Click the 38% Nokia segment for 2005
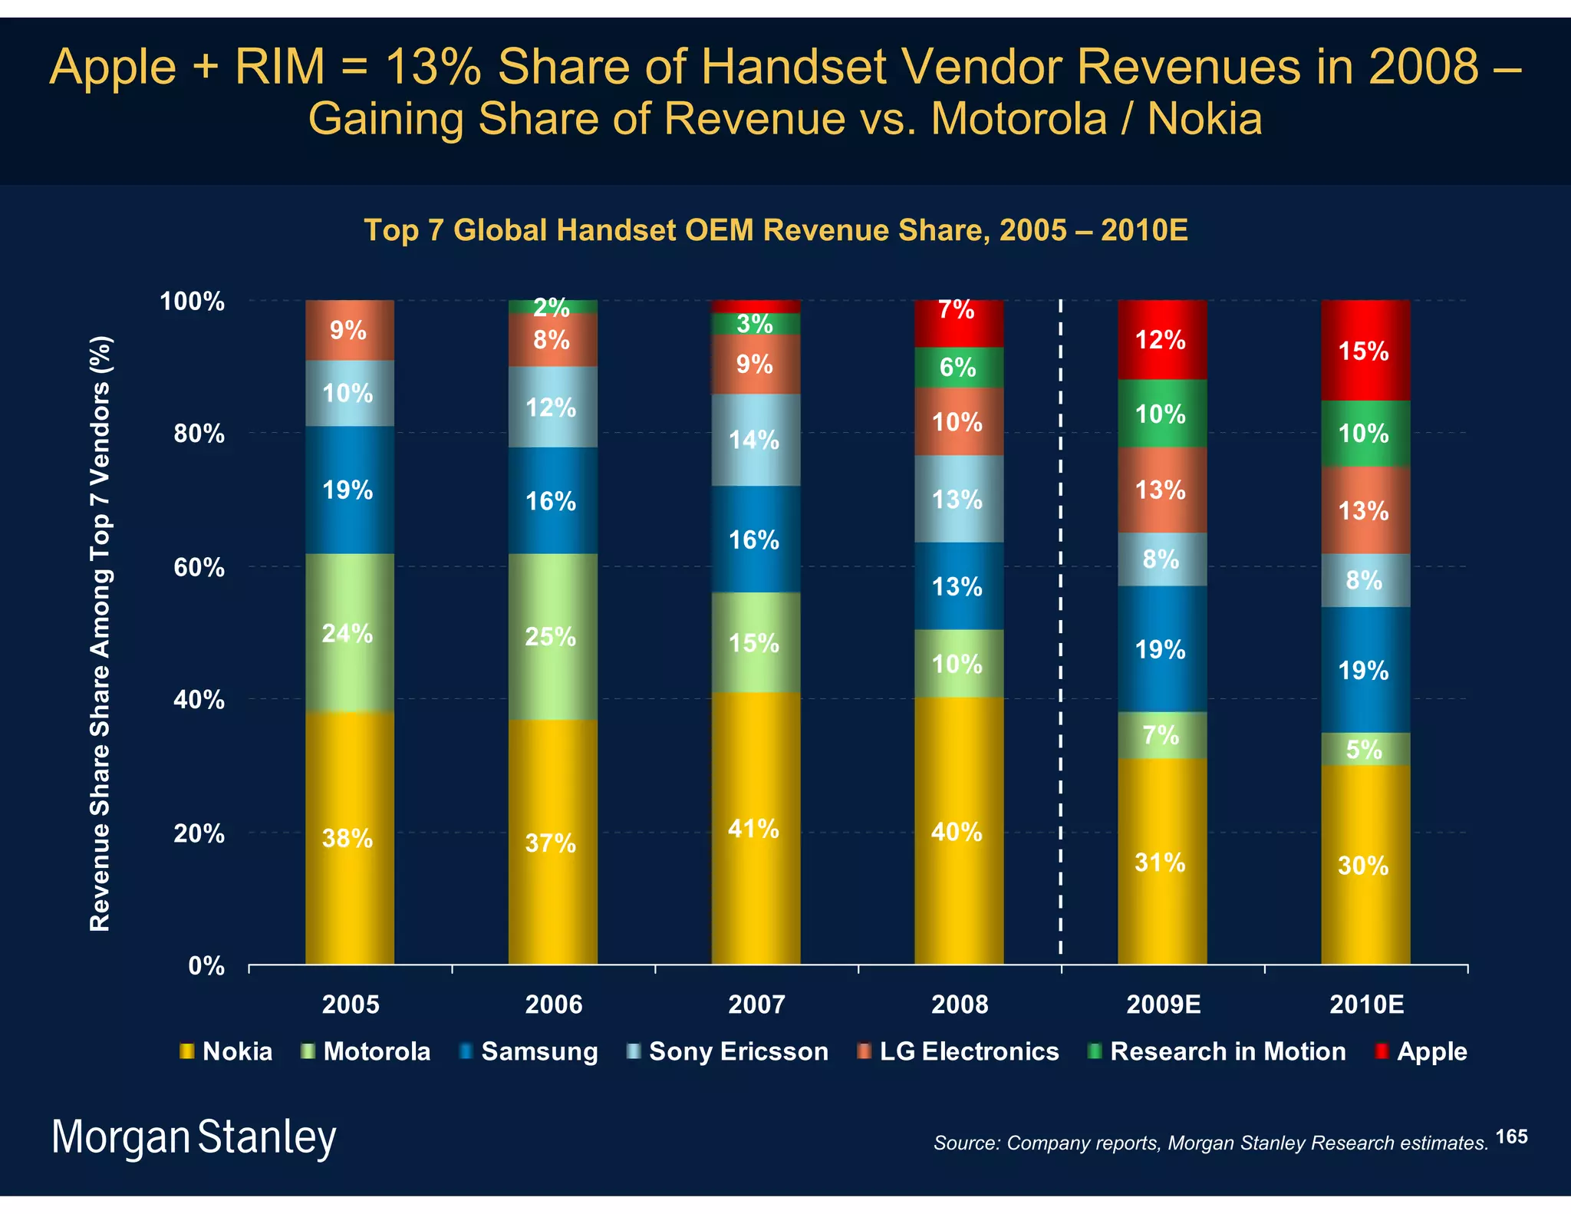tap(349, 838)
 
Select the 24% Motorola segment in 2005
tap(349, 633)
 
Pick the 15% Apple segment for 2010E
tap(1365, 351)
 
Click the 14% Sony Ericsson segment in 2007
tap(756, 440)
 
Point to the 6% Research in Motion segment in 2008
tap(958, 368)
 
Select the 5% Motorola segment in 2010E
tap(1365, 749)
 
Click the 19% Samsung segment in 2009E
tap(1161, 649)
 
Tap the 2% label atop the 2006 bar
tap(552, 307)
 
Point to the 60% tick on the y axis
tap(199, 568)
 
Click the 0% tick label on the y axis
tap(206, 966)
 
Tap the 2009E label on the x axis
tap(1163, 1005)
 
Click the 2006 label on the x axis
tap(553, 1005)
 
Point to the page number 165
tap(1511, 1136)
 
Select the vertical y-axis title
tap(100, 633)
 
